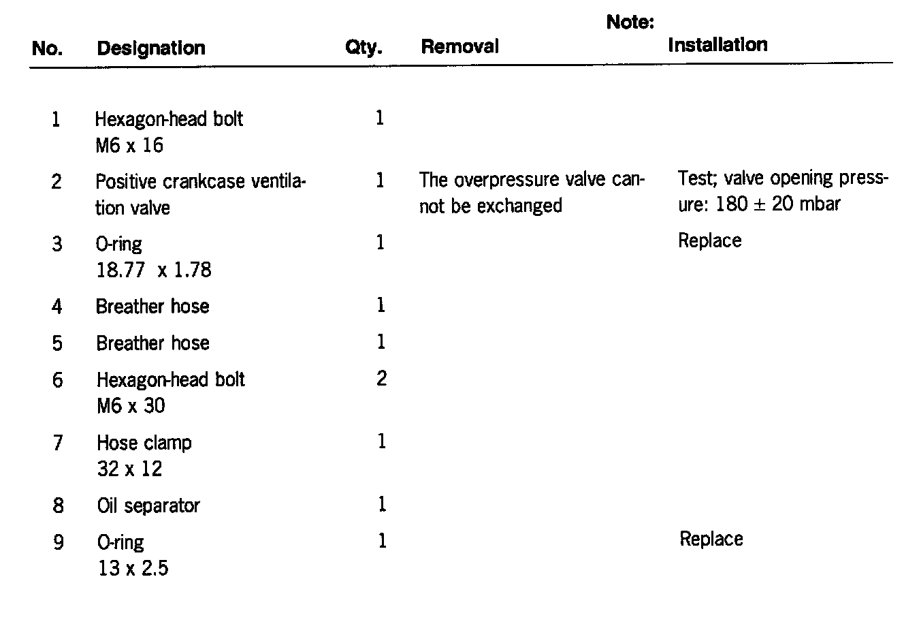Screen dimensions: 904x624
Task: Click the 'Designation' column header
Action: point(150,48)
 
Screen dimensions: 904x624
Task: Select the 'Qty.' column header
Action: point(364,48)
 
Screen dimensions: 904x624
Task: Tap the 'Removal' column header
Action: point(459,46)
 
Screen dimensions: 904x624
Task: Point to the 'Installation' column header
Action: point(717,45)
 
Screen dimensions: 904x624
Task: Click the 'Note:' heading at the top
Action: point(630,22)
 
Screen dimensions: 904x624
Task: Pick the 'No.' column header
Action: point(47,49)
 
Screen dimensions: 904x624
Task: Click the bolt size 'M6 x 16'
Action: point(129,145)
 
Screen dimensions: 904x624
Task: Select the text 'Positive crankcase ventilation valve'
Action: point(199,194)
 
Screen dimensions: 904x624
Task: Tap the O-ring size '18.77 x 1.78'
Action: point(153,270)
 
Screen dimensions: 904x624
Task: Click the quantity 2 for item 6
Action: point(381,378)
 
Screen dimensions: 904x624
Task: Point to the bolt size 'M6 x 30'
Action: point(130,406)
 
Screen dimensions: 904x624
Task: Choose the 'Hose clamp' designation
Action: point(144,443)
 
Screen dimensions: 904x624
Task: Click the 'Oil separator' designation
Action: point(148,505)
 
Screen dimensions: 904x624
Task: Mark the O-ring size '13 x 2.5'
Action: point(133,568)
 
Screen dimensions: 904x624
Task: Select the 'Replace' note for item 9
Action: point(711,539)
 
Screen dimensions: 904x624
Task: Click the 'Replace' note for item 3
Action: point(709,240)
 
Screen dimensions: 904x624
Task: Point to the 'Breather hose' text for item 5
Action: point(152,343)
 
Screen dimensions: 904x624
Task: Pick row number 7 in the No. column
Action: point(58,443)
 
